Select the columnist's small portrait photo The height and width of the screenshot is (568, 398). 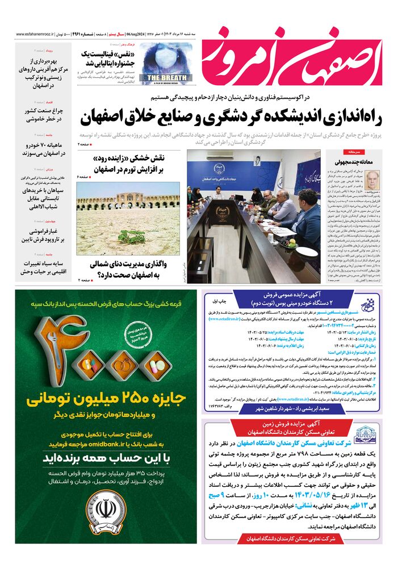pyautogui.click(x=372, y=181)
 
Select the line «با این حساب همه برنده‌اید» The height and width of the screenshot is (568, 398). pyautogui.click(x=102, y=458)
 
